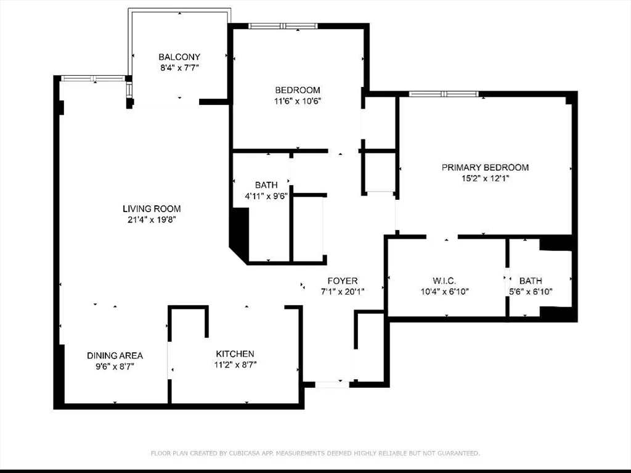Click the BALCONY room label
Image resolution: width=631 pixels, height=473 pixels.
click(x=179, y=57)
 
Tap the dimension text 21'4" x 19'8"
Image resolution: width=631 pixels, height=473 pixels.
click(x=152, y=220)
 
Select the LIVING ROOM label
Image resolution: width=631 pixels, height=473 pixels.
click(x=152, y=208)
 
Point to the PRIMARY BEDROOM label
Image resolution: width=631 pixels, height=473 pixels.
click(x=486, y=167)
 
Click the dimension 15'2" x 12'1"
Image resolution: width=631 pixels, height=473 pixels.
click(x=486, y=178)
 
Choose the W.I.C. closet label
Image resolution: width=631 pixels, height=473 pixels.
click(x=444, y=281)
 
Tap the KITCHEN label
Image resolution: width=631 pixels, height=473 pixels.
click(x=235, y=354)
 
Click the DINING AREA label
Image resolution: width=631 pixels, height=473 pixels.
click(x=115, y=355)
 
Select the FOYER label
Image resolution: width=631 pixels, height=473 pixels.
click(x=343, y=281)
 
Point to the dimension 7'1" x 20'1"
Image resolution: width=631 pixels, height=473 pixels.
click(x=343, y=292)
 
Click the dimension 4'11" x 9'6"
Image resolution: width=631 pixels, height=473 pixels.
click(x=266, y=197)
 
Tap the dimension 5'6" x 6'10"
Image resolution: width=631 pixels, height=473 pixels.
click(x=531, y=292)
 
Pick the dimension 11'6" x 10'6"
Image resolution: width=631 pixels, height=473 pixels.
click(x=298, y=101)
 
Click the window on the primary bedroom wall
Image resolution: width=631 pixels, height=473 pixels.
click(x=444, y=94)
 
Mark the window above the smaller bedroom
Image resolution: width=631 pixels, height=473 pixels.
click(x=283, y=26)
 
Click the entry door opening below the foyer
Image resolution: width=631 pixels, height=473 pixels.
click(x=332, y=385)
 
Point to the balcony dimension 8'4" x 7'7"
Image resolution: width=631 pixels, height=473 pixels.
click(x=179, y=68)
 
